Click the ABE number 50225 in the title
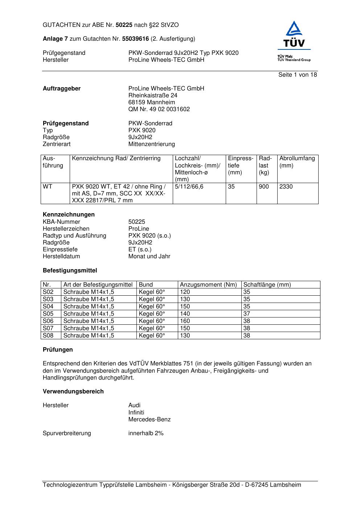pyautogui.click(x=124, y=25)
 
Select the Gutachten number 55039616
pyautogui.click(x=135, y=39)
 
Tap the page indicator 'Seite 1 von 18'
pyautogui.click(x=298, y=75)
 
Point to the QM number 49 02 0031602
pyautogui.click(x=159, y=109)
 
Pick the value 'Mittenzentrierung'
pyautogui.click(x=151, y=144)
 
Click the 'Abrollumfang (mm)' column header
pyautogui.click(x=297, y=162)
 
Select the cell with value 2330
pyautogui.click(x=286, y=187)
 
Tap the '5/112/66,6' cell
pyautogui.click(x=189, y=187)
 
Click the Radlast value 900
pyautogui.click(x=264, y=187)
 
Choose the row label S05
pyautogui.click(x=48, y=314)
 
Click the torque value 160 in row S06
pyautogui.click(x=185, y=321)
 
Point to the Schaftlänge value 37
pyautogui.click(x=247, y=314)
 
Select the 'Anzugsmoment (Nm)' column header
pyautogui.click(x=208, y=285)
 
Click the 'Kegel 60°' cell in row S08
pyautogui.click(x=152, y=336)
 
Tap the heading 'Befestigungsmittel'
pyautogui.click(x=70, y=271)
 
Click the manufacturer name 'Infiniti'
pyautogui.click(x=136, y=413)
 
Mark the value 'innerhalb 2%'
pyautogui.click(x=146, y=433)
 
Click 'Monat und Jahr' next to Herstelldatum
pyautogui.click(x=149, y=256)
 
